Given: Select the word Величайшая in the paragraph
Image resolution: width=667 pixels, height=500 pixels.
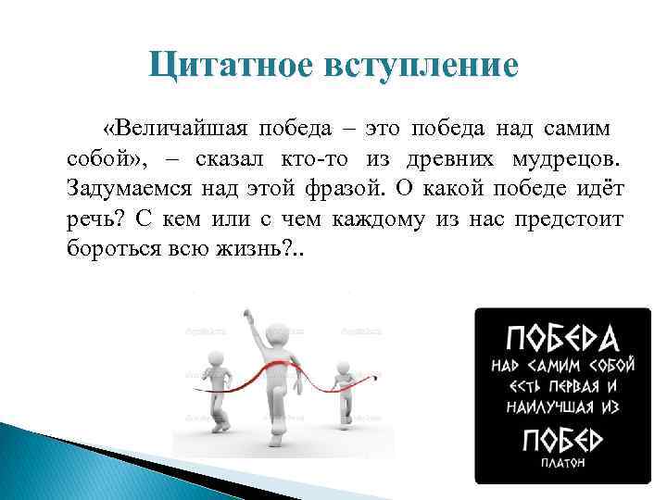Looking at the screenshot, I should tap(175, 128).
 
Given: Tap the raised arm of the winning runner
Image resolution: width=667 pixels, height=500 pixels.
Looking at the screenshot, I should tap(248, 327).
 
